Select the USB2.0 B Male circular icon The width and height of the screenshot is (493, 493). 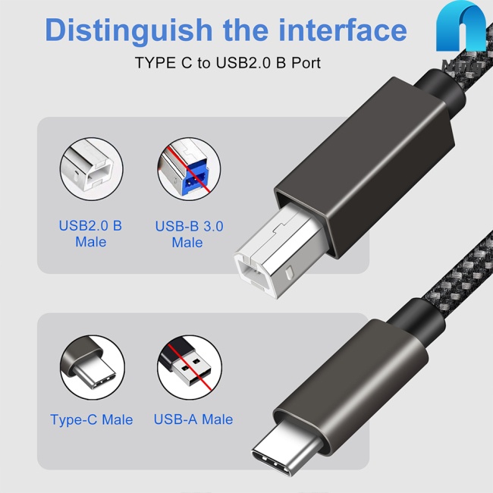click(x=91, y=169)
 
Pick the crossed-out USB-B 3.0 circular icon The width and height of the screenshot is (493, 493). click(x=188, y=169)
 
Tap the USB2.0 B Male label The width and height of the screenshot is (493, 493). click(x=91, y=234)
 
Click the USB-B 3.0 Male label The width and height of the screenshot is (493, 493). click(x=189, y=234)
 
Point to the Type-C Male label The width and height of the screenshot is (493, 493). click(x=91, y=419)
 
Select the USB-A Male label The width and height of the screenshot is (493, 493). click(x=193, y=419)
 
